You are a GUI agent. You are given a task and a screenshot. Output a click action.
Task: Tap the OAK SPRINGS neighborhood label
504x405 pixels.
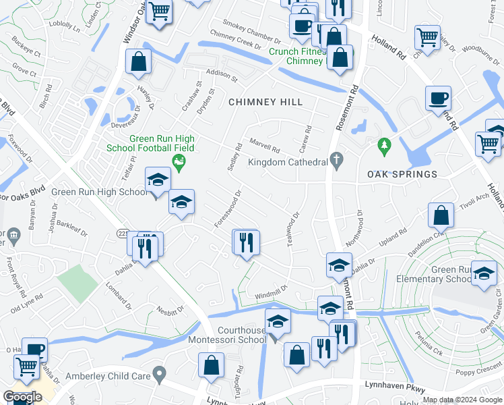click(x=402, y=174)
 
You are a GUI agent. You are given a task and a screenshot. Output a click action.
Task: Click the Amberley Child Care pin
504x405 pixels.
click(x=159, y=373)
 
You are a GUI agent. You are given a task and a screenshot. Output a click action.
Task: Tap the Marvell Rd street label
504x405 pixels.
click(x=264, y=145)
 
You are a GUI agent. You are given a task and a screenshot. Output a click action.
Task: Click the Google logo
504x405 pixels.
click(x=22, y=397)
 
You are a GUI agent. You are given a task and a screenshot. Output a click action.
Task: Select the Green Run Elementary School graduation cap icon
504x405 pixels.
click(x=483, y=273)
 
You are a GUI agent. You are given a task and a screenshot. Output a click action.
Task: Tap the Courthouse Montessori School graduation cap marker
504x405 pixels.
click(x=277, y=323)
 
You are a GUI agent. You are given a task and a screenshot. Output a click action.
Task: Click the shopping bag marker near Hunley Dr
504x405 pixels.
click(x=138, y=61)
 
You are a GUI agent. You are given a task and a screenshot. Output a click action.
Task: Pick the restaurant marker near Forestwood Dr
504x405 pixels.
click(x=245, y=242)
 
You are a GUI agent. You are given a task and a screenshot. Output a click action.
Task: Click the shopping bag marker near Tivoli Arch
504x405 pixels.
click(x=440, y=216)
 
